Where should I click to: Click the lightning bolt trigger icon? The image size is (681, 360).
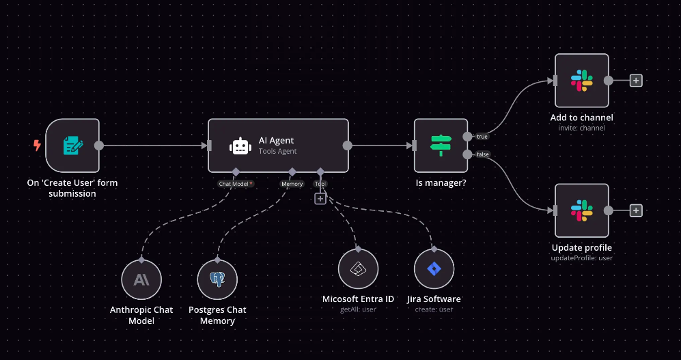[x=37, y=145]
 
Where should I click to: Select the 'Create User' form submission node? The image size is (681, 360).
[x=72, y=146]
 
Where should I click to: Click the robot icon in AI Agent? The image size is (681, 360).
[x=240, y=146]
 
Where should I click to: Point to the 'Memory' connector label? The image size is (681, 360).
[x=292, y=184]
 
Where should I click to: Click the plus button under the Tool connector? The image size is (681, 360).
[x=320, y=198]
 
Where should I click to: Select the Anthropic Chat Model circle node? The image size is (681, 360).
[x=141, y=279]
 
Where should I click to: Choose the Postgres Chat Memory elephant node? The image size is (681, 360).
[x=217, y=279]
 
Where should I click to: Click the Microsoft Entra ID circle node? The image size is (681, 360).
[x=358, y=269]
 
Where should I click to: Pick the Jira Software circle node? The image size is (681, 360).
[x=434, y=269]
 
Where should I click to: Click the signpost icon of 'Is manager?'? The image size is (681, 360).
[x=441, y=146]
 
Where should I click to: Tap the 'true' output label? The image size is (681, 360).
[x=482, y=137]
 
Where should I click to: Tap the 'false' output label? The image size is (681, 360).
[x=483, y=154]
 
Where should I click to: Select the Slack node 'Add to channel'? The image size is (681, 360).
[x=581, y=81]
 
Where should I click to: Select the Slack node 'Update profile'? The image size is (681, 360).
[x=581, y=210]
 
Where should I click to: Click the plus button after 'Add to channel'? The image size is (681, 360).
[x=636, y=81]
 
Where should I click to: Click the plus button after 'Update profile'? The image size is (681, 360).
[x=636, y=210]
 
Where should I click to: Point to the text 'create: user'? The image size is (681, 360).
[x=434, y=309]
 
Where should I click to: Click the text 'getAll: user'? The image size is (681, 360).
[x=358, y=309]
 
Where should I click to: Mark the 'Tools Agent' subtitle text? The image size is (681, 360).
[x=277, y=152]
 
